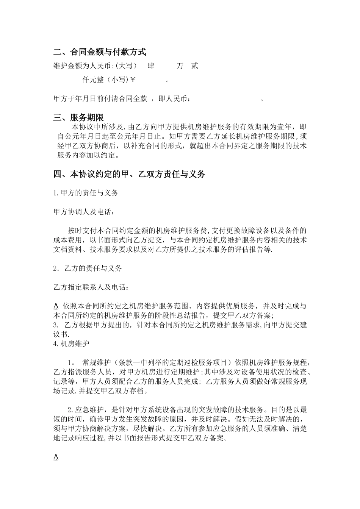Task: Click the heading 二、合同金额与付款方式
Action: [x=100, y=52]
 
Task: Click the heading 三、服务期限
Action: [x=78, y=118]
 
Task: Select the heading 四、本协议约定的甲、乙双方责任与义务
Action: [x=129, y=174]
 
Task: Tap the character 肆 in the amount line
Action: [x=151, y=66]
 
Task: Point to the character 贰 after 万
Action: [x=194, y=66]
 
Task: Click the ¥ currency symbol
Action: [x=133, y=80]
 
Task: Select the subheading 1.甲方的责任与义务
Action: [x=86, y=193]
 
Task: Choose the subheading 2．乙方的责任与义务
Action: [x=88, y=268]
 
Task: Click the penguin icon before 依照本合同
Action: [x=56, y=306]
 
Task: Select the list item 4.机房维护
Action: [x=71, y=344]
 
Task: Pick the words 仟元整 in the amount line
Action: [x=93, y=80]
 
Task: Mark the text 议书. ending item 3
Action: [x=62, y=334]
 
